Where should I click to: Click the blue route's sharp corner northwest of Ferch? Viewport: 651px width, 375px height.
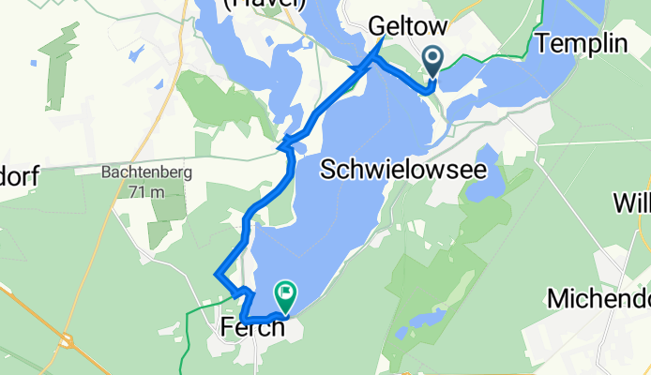point(217,275)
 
